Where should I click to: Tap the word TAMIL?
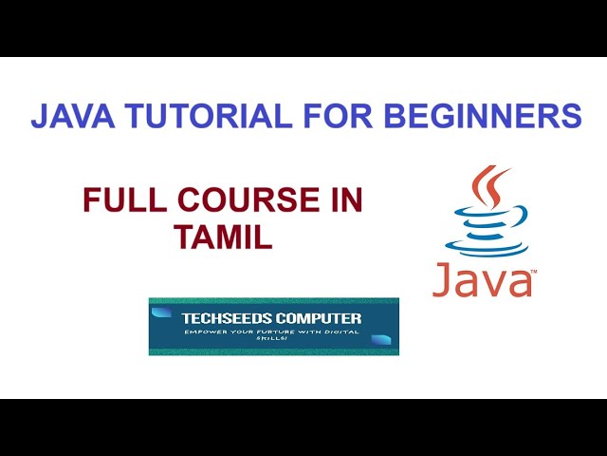coord(223,237)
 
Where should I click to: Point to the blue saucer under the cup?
coord(486,249)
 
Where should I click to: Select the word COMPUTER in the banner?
coord(322,318)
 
